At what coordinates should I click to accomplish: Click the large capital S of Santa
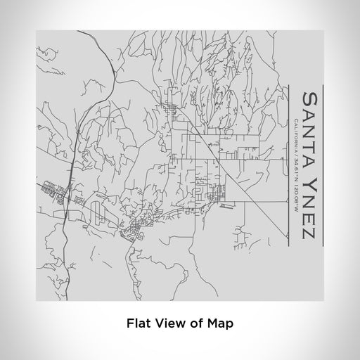[x=308, y=96]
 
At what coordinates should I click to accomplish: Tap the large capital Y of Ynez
[x=308, y=179]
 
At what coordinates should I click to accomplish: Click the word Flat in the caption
[x=139, y=324]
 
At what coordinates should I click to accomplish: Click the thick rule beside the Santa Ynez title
[x=323, y=165]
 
